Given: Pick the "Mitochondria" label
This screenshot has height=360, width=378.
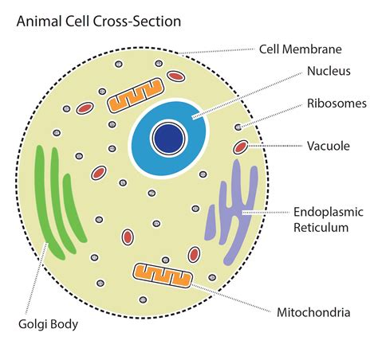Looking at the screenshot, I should coord(313,312).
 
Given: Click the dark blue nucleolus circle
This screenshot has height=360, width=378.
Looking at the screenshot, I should coord(170,135).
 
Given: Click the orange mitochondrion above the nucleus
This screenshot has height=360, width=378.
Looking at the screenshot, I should coord(130,98).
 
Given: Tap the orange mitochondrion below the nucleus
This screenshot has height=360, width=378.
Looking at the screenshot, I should coord(163,276).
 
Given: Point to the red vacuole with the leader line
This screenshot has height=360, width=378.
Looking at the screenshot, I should coord(241,147).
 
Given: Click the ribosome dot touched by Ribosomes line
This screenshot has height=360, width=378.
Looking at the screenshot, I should coord(237,127).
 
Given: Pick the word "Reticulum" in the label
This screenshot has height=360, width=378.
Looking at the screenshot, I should coord(321,228).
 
